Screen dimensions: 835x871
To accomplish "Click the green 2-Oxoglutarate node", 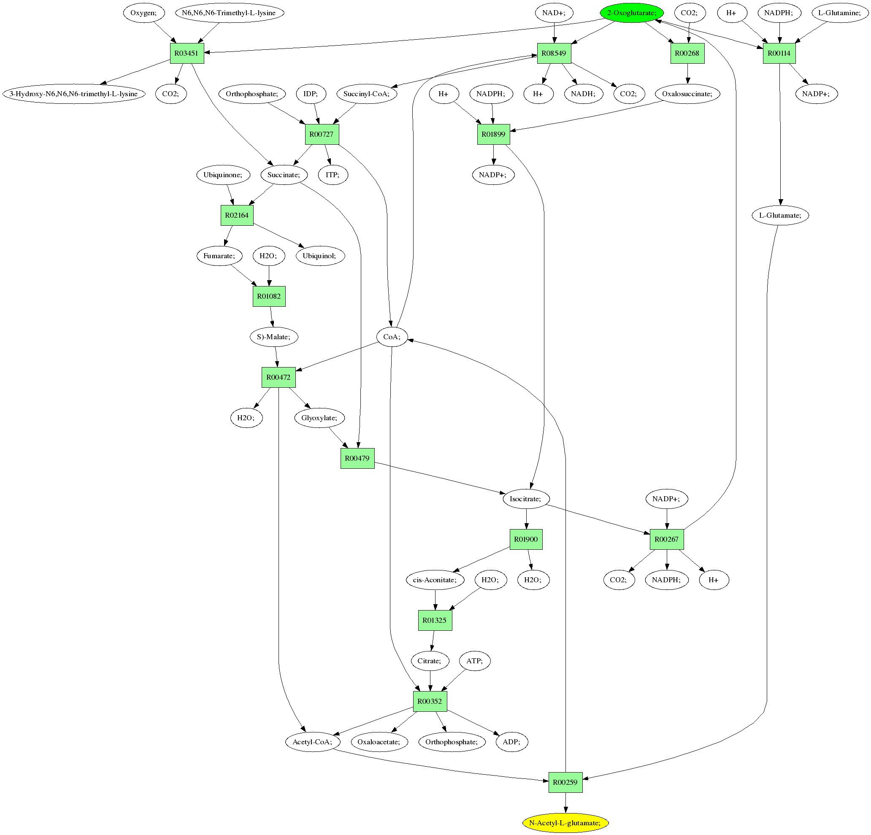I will (x=631, y=13).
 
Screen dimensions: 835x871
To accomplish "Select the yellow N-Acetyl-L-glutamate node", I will (x=565, y=823).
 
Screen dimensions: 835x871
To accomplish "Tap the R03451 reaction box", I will (x=187, y=53).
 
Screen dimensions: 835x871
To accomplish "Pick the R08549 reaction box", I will (x=554, y=53).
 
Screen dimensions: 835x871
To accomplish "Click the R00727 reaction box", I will (x=322, y=134).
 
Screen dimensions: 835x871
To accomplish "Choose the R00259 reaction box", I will (x=565, y=782).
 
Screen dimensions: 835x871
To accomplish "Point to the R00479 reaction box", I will (x=357, y=458).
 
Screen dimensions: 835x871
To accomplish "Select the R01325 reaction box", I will (x=435, y=620).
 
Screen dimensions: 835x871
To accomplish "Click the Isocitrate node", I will (x=526, y=499).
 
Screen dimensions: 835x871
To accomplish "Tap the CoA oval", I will (x=392, y=337).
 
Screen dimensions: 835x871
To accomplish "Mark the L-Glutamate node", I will (x=780, y=216).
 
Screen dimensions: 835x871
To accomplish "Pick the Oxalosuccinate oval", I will (x=687, y=94).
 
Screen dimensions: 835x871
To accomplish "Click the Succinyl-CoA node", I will (x=367, y=94).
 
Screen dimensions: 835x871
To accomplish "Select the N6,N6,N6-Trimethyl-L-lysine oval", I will (x=229, y=13).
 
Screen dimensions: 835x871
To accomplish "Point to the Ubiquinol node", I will (x=320, y=256).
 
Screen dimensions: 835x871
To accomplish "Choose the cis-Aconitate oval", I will (x=435, y=579).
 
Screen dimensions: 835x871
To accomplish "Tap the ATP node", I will (x=475, y=661).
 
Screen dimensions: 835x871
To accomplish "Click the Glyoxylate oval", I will (x=319, y=418).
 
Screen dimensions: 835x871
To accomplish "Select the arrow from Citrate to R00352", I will (x=430, y=680).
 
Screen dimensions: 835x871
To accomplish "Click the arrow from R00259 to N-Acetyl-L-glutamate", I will (x=565, y=803).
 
